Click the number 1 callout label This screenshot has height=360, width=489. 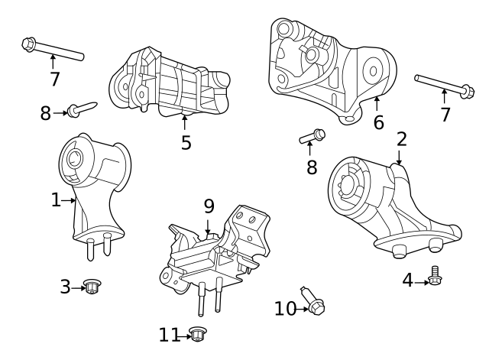(55, 200)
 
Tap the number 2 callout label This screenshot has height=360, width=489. (401, 139)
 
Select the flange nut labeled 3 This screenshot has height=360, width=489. (92, 287)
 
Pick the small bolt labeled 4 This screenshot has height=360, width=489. (436, 276)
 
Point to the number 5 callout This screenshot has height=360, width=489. (186, 143)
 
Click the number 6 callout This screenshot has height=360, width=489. (378, 122)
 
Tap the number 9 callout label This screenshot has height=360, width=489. (209, 206)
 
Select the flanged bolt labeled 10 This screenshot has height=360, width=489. (315, 301)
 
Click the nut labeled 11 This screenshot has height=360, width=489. (198, 334)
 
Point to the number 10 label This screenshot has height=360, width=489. (285, 309)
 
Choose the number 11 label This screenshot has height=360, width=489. (169, 335)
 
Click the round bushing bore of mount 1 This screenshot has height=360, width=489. (75, 160)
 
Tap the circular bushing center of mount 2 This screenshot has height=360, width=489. (348, 186)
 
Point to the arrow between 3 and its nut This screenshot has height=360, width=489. (77, 287)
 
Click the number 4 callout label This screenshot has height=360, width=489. (407, 281)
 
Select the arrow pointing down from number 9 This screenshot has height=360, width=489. (208, 225)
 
